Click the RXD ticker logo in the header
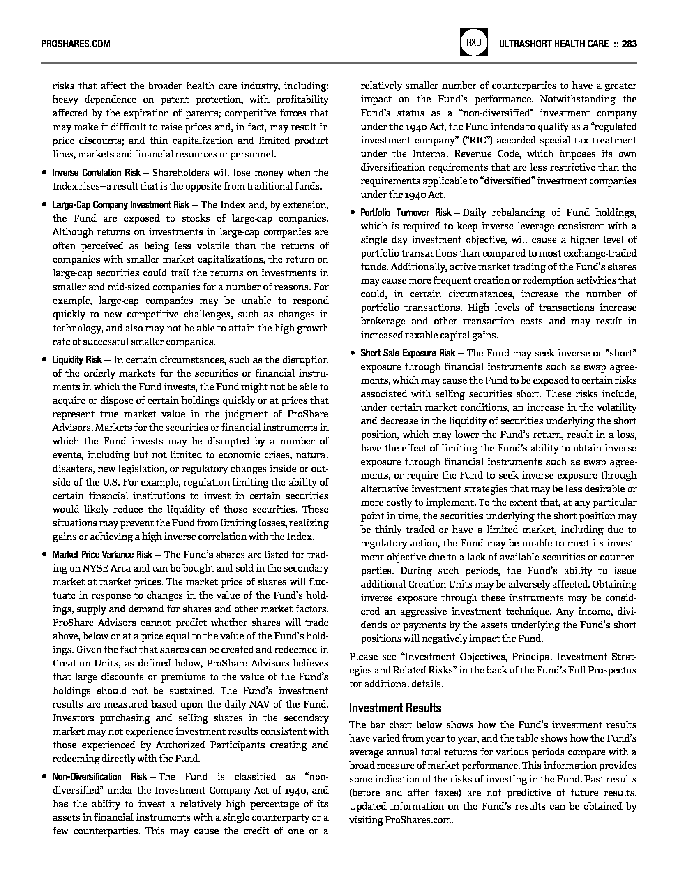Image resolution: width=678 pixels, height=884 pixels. [474, 43]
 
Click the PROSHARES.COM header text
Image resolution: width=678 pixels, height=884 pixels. [76, 44]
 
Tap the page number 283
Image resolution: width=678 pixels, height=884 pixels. [629, 44]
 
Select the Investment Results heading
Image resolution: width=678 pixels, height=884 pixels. [395, 708]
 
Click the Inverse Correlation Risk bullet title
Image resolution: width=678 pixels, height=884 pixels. [97, 173]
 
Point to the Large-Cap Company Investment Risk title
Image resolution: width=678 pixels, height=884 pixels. [121, 205]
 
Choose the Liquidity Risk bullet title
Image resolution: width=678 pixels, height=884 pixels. [77, 360]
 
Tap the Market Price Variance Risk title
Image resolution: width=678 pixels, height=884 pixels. [102, 555]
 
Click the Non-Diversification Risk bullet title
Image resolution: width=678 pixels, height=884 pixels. [99, 777]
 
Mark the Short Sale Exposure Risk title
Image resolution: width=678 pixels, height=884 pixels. [408, 353]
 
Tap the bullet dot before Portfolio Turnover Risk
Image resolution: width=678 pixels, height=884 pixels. [352, 213]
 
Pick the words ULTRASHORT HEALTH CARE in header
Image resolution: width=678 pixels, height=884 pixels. [553, 44]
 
